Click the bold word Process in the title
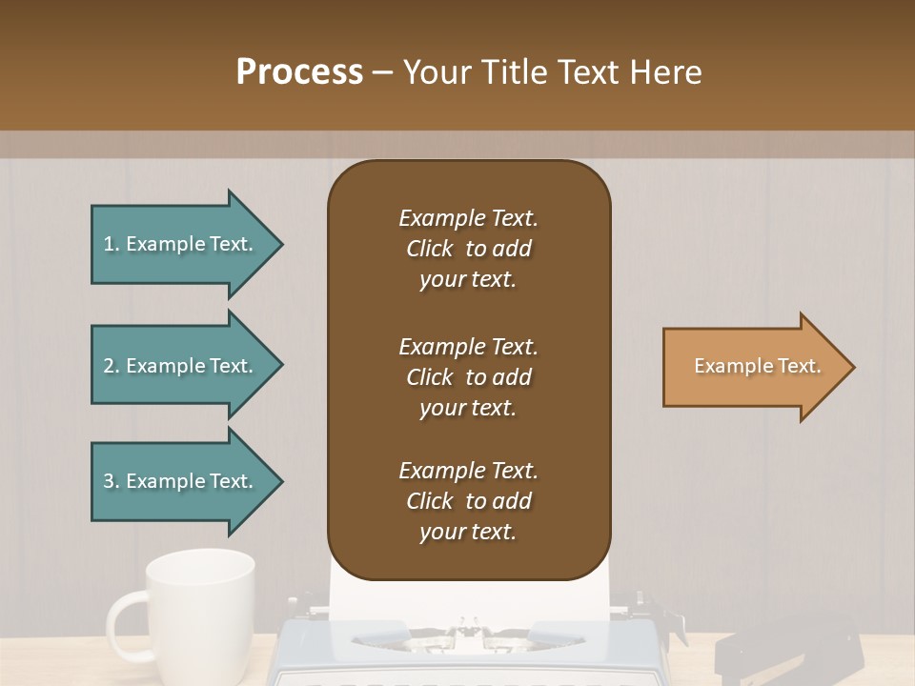299,72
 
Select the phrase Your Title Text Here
552,72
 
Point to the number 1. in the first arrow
111,245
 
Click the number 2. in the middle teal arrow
112,366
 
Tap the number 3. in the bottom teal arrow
112,481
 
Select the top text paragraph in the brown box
468,249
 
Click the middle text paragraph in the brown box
468,377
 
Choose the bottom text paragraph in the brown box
468,501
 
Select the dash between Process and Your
382,72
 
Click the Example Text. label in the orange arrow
757,366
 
